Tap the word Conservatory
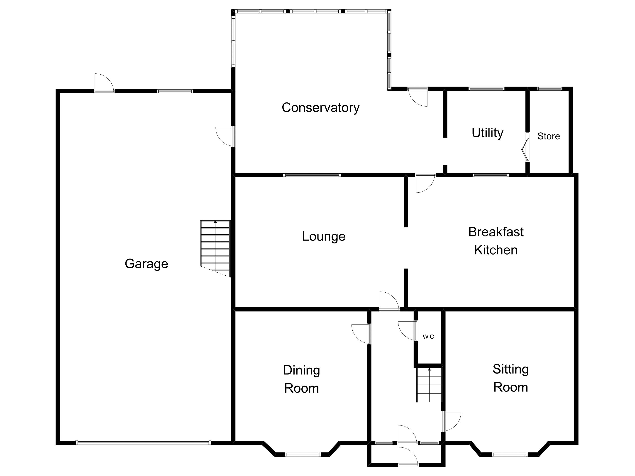(x=320, y=108)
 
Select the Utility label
(x=487, y=133)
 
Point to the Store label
(x=549, y=136)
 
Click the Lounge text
(x=324, y=236)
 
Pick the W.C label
(x=428, y=337)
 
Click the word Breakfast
(x=496, y=232)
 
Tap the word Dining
(x=301, y=370)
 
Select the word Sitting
(x=510, y=369)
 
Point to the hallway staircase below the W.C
(x=429, y=385)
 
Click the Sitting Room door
(x=451, y=421)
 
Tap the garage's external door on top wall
(x=104, y=83)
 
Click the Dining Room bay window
(x=302, y=454)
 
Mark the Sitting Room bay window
(x=510, y=454)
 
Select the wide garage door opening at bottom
(x=143, y=443)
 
